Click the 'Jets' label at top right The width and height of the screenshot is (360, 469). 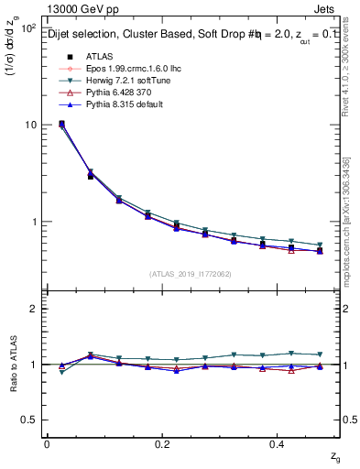pyautogui.click(x=327, y=11)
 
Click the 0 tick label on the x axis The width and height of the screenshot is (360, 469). pyautogui.click(x=47, y=443)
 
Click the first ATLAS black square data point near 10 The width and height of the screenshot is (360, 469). pyautogui.click(x=61, y=124)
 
